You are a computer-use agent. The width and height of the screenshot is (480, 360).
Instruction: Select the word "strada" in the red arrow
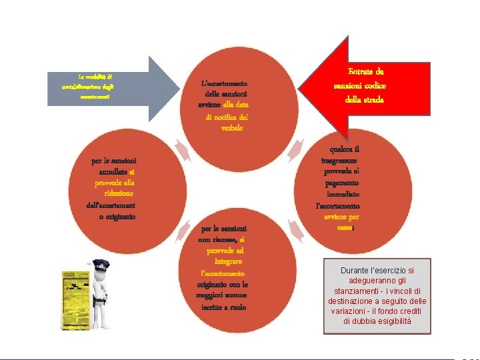coord(376,99)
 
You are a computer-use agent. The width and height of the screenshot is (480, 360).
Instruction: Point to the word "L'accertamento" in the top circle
coord(225,83)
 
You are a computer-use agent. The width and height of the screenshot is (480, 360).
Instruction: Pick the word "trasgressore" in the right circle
coord(339,161)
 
